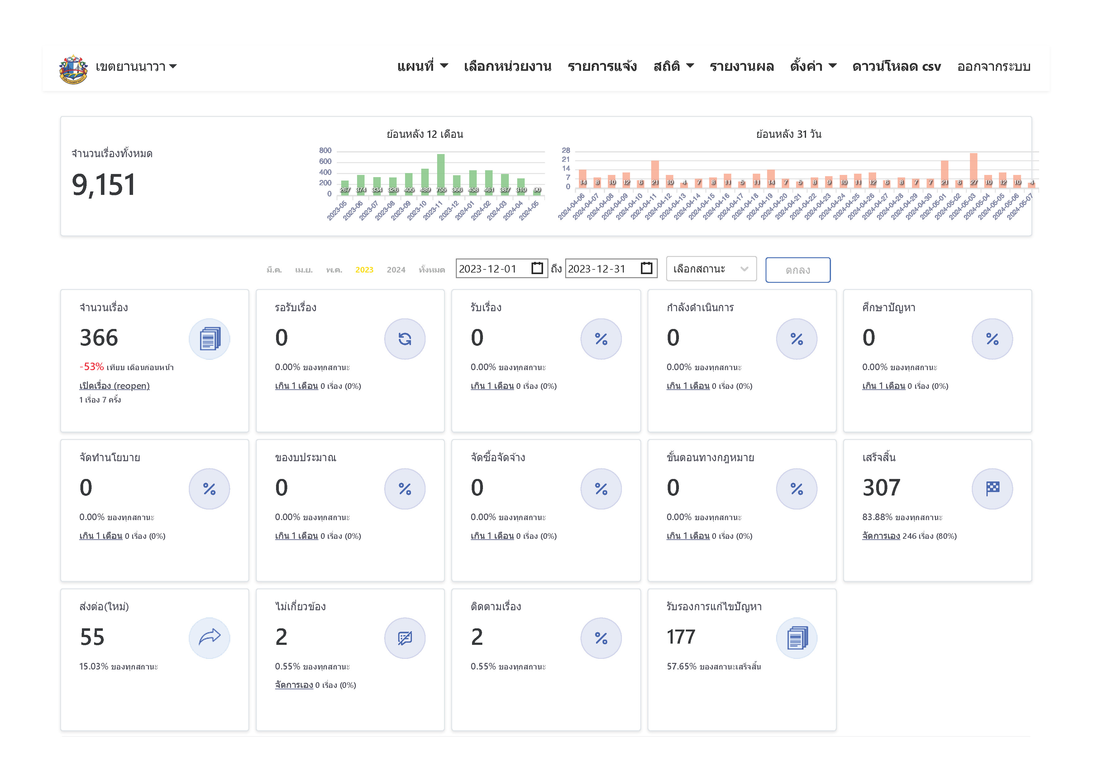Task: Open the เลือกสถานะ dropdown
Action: (711, 269)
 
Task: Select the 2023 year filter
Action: (364, 270)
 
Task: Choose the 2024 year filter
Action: (396, 270)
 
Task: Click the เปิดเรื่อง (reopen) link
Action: (114, 386)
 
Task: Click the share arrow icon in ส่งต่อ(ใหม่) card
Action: (209, 637)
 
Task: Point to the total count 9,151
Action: (104, 185)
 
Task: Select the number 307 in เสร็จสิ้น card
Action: (881, 488)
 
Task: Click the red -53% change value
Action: (91, 367)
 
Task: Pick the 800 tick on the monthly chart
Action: (325, 151)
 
